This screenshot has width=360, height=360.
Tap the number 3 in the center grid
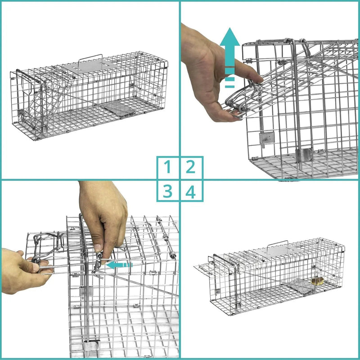(x=167, y=191)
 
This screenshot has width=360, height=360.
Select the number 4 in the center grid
(x=190, y=191)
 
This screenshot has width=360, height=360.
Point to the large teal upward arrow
(x=229, y=58)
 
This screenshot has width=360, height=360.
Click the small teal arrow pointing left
(x=120, y=265)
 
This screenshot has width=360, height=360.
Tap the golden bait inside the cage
(x=318, y=280)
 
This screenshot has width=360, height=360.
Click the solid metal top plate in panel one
(x=90, y=67)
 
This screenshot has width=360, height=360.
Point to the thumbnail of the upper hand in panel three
(x=97, y=248)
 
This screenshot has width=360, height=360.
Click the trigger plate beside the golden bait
(x=300, y=286)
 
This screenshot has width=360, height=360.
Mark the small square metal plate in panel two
(x=266, y=138)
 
